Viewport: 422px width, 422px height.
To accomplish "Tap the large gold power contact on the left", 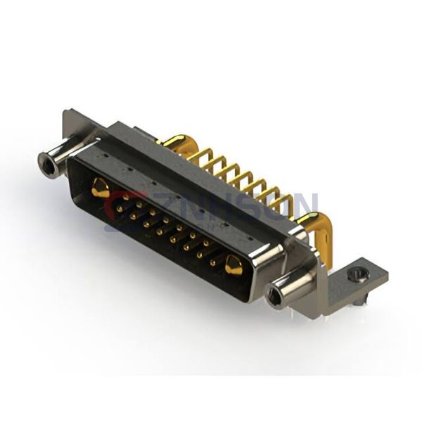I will (x=100, y=188).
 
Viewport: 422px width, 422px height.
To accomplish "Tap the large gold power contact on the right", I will (x=234, y=266).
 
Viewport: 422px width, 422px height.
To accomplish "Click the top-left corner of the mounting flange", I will (x=67, y=113).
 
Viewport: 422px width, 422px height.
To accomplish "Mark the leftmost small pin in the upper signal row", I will (x=125, y=200).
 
